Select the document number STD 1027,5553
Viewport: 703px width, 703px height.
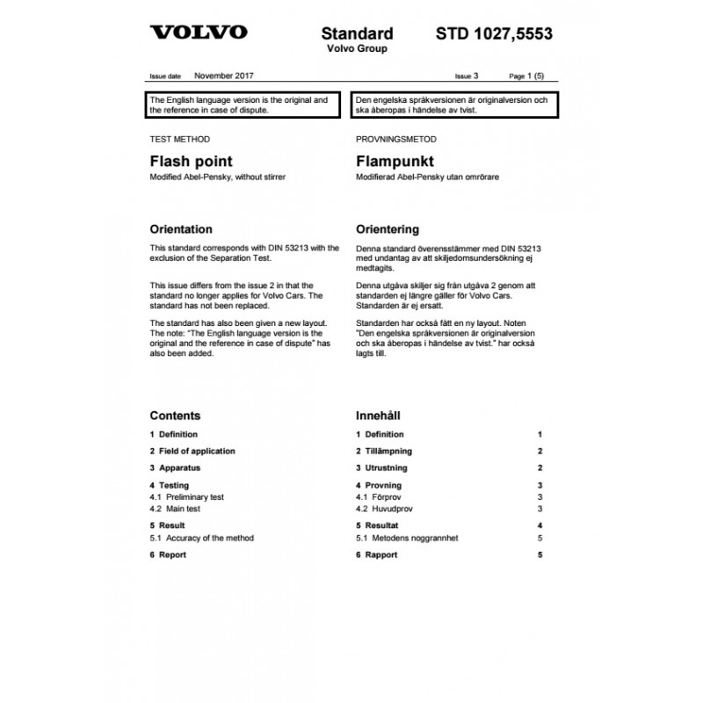point(494,33)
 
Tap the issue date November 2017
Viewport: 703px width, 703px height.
point(224,76)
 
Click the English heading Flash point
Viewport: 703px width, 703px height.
point(192,162)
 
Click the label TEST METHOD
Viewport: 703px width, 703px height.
point(180,139)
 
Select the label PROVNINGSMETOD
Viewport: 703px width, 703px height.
point(395,139)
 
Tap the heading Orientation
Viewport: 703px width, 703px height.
point(181,228)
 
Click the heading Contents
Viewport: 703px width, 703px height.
point(175,416)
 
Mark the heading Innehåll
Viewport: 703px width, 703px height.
point(379,416)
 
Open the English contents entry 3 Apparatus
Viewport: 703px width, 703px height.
point(176,467)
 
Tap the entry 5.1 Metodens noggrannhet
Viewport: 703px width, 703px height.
point(407,538)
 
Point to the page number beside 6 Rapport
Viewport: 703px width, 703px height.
point(540,554)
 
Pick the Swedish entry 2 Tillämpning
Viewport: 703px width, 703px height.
point(384,451)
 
